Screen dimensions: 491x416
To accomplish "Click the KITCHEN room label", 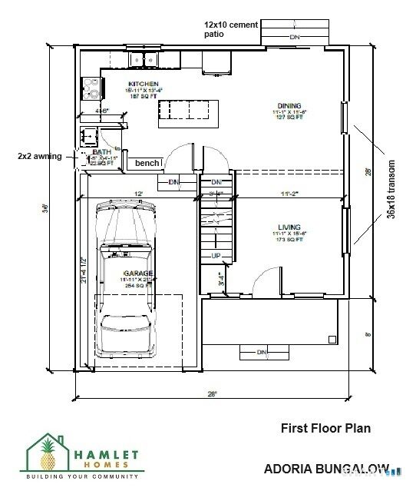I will (143, 84).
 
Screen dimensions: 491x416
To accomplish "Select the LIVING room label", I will (289, 228).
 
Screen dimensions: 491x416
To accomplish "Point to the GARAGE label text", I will (140, 273).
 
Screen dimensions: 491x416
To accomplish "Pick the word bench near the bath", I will (147, 163).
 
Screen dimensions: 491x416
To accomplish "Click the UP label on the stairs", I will (216, 255).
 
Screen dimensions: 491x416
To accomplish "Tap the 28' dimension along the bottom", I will (211, 393).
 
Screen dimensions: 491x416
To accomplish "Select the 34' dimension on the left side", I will (46, 207).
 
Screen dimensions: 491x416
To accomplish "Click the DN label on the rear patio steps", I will (294, 37).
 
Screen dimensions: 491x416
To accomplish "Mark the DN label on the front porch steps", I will (261, 353).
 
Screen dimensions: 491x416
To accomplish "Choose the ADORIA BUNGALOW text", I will (325, 467).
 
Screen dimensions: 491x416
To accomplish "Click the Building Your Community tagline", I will (81, 477).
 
